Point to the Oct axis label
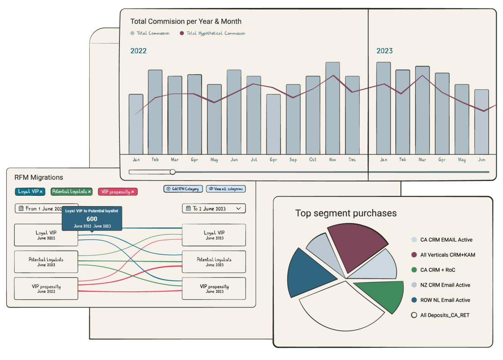point(313,160)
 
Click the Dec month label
point(352,160)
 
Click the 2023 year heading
point(384,51)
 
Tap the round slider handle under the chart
point(172,172)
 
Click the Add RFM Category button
point(183,189)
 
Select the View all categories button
point(226,189)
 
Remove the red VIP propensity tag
point(132,192)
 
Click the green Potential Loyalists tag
point(69,192)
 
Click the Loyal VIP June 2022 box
point(46,235)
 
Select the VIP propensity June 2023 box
point(214,288)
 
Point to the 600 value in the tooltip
point(92,219)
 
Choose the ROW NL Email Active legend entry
point(445,300)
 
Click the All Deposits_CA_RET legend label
point(445,315)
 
